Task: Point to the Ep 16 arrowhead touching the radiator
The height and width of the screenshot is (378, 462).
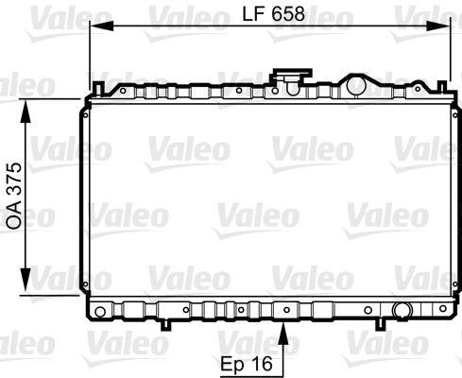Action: [284, 326]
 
